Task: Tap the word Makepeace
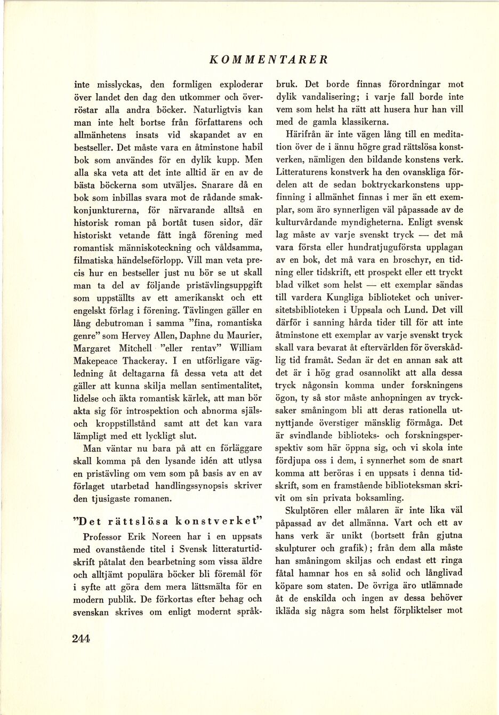[96, 360]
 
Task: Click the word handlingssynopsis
[192, 486]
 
